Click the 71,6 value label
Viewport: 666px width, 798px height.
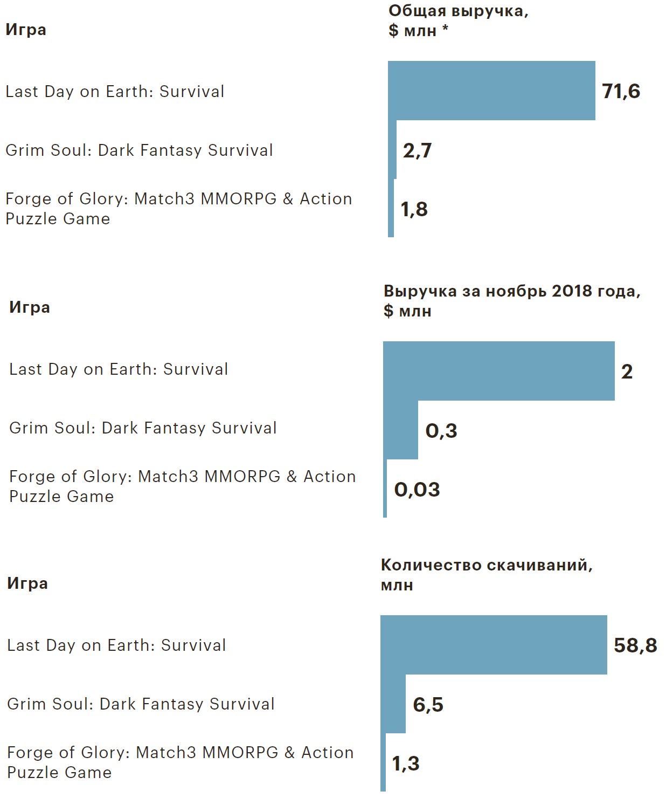(x=621, y=91)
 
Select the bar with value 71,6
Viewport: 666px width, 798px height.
(x=491, y=91)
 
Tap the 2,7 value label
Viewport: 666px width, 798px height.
(x=417, y=150)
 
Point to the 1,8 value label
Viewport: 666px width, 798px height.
(x=414, y=209)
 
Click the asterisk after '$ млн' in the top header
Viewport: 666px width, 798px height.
(x=446, y=29)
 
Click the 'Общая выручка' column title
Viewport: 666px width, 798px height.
(x=458, y=11)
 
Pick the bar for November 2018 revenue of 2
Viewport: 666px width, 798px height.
(x=498, y=371)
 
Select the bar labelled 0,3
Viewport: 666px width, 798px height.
(x=401, y=430)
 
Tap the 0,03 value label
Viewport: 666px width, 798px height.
(x=417, y=490)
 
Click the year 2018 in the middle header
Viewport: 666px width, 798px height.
(x=572, y=291)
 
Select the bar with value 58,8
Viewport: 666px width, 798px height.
(x=494, y=645)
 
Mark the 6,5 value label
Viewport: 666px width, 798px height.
(x=428, y=705)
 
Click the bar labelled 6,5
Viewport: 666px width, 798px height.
(x=393, y=704)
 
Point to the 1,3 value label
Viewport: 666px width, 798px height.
(x=405, y=763)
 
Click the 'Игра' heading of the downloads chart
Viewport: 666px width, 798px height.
(x=27, y=583)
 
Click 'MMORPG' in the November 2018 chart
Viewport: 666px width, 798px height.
(x=242, y=477)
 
